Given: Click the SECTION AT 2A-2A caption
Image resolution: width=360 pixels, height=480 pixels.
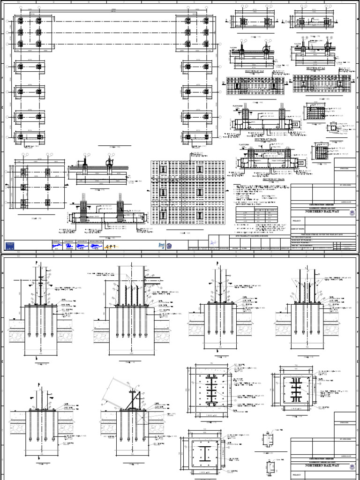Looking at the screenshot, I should (265, 139).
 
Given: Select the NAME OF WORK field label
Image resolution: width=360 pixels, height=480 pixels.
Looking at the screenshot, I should (300, 227).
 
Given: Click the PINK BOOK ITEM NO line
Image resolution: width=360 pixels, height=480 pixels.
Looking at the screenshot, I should (312, 235).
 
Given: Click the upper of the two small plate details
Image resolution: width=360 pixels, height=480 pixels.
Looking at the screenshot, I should (270, 440).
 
